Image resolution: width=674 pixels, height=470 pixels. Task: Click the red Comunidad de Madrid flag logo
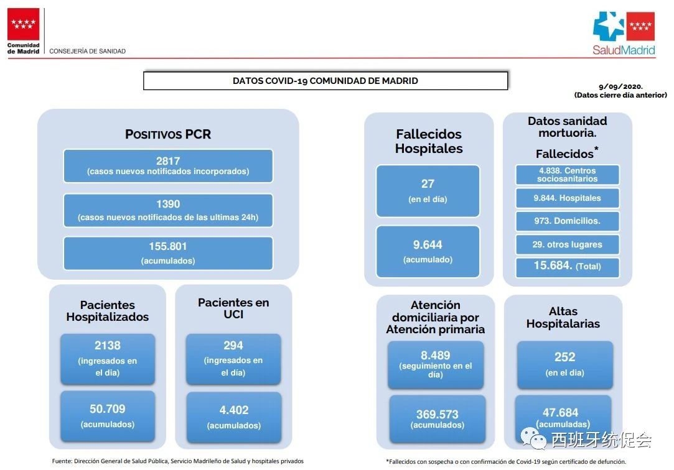click(23, 24)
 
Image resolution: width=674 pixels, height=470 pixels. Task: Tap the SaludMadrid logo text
click(624, 50)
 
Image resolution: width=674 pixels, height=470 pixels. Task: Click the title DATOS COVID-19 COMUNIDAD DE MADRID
click(325, 81)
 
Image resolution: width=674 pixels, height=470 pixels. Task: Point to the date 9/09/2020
click(620, 86)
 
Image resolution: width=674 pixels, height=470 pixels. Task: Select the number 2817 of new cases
click(168, 161)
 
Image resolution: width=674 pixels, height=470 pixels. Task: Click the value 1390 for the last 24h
click(168, 204)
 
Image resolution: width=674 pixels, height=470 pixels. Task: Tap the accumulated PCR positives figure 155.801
click(168, 246)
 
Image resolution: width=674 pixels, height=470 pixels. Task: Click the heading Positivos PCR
click(168, 134)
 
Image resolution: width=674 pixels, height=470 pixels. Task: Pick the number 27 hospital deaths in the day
click(428, 183)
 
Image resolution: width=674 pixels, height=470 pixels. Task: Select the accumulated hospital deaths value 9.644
click(428, 245)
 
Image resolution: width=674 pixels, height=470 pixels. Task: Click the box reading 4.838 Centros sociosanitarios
click(568, 175)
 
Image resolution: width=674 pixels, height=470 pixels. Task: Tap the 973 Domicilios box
click(568, 221)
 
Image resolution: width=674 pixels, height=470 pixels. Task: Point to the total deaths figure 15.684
click(553, 265)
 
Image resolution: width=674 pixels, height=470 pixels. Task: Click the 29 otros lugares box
click(568, 245)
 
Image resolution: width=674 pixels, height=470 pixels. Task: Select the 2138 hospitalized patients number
click(108, 346)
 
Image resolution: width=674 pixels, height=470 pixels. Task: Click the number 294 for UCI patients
click(233, 346)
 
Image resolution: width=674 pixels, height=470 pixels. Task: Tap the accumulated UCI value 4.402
click(234, 410)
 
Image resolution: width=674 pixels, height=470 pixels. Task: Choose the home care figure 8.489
click(436, 356)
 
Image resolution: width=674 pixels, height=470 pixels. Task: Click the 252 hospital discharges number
click(565, 357)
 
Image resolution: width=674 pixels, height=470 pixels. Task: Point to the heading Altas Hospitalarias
click(563, 317)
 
